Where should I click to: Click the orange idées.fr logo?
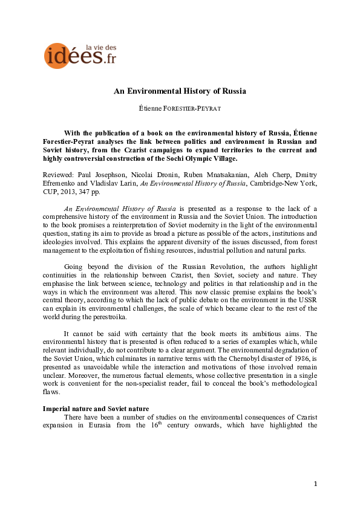(73, 56)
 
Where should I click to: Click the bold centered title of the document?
(180, 91)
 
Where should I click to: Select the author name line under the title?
(180, 109)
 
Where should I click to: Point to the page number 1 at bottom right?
(315, 484)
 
